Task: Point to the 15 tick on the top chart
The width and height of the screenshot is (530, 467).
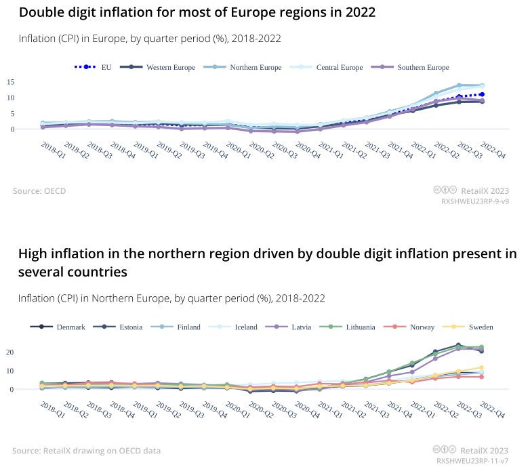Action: [x=30, y=82]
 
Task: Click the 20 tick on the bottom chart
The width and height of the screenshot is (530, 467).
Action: [x=30, y=352]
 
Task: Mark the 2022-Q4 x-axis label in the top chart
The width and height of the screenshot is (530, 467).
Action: [x=492, y=149]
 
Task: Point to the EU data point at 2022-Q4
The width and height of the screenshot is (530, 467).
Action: [x=482, y=94]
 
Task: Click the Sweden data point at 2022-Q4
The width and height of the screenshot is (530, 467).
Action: [x=482, y=367]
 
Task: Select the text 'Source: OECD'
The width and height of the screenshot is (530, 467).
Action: [x=39, y=191]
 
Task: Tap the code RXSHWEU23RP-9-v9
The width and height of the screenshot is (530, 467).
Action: [x=475, y=201]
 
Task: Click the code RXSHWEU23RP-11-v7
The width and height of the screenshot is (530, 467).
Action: [x=473, y=460]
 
